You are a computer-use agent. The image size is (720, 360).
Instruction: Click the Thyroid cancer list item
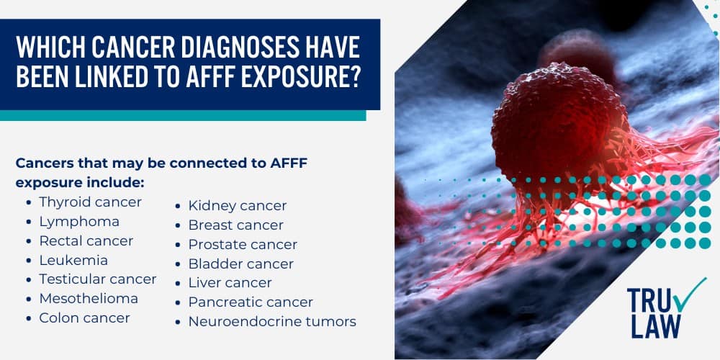[x=90, y=202]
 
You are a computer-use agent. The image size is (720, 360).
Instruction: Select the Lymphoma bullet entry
[x=79, y=222]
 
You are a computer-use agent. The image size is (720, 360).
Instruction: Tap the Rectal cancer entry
[x=86, y=241]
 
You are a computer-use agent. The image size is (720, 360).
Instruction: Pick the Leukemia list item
[x=73, y=260]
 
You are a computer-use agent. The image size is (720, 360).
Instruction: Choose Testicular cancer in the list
[x=98, y=279]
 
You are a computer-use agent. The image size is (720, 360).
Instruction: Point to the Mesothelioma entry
[x=89, y=299]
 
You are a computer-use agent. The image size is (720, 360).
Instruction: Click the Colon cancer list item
[x=84, y=318]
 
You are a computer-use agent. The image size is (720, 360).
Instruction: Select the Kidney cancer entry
[x=237, y=206]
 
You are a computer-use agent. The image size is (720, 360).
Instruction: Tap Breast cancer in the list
[x=235, y=225]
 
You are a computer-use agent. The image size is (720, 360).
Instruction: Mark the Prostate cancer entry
[x=243, y=245]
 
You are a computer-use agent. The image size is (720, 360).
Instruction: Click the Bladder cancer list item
[x=240, y=264]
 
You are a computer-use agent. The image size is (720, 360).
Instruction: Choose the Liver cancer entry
[x=230, y=283]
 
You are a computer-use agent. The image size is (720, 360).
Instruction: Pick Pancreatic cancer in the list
[x=251, y=302]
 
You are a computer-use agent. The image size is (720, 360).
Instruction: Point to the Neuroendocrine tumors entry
[x=272, y=322]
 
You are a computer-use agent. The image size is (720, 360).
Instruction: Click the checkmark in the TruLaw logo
[x=671, y=296]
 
